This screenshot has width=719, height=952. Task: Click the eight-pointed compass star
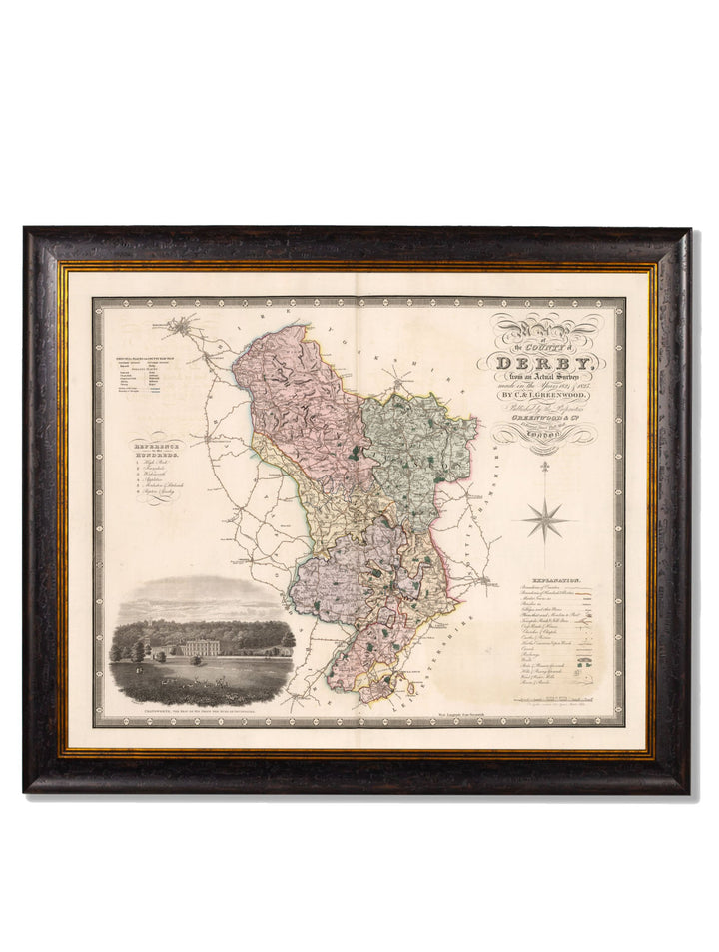(545, 519)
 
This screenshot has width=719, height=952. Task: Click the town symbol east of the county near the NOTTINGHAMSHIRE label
(486, 580)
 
